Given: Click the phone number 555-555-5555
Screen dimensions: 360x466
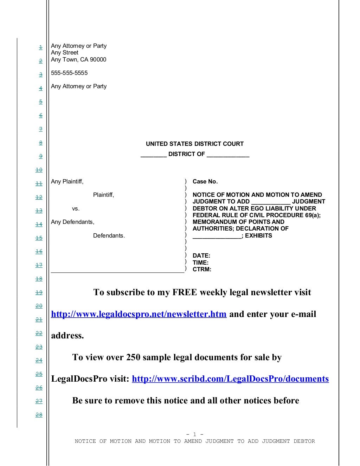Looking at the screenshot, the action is click(x=69, y=73).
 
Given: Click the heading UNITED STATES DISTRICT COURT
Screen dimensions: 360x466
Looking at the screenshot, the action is click(x=195, y=144).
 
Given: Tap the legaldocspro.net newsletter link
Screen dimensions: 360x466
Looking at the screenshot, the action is click(x=139, y=314).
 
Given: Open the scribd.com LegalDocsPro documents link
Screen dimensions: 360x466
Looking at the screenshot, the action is click(x=230, y=379).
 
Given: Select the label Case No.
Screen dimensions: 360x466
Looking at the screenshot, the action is click(x=205, y=182).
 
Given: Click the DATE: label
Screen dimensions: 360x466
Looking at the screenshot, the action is click(x=201, y=256).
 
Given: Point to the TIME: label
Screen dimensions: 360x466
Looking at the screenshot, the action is click(x=200, y=263).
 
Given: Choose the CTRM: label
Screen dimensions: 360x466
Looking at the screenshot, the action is click(x=202, y=270).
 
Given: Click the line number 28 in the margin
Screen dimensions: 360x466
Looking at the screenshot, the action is click(x=39, y=415).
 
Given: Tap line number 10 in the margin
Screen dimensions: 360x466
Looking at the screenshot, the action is click(x=39, y=170).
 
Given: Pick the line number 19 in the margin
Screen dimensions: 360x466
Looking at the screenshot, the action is click(x=39, y=292).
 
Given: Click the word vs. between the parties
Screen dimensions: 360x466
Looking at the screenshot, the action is click(x=76, y=209).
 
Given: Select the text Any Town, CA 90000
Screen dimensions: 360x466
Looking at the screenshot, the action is click(x=78, y=60).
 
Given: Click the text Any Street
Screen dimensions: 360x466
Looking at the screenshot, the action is click(x=65, y=53).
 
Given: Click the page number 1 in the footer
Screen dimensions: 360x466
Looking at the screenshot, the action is click(x=195, y=435).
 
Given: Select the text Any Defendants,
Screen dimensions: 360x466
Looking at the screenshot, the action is click(x=72, y=222).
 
